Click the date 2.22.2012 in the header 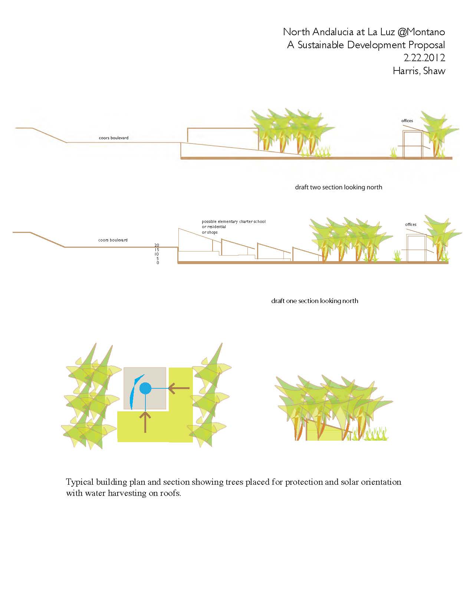(424, 58)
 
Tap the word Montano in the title (426, 32)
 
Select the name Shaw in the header (434, 71)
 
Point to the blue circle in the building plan (145, 388)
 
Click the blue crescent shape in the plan (134, 392)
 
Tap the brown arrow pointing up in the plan (145, 422)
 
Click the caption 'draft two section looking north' (338, 187)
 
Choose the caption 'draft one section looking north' (315, 301)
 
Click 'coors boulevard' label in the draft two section (114, 138)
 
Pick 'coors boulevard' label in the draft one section (113, 240)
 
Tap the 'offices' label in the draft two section (407, 121)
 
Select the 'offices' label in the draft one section (411, 224)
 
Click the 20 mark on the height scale (157, 245)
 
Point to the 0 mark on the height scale (158, 263)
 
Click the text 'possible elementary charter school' (233, 221)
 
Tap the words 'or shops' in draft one (210, 232)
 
